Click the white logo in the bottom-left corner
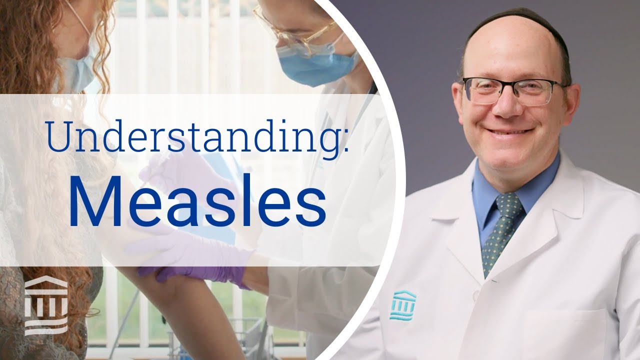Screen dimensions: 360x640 [x=46, y=305]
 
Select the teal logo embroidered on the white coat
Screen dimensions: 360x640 [x=402, y=303]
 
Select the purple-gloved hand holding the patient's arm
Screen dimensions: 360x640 [x=200, y=260]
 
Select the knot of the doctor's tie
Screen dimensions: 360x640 [x=507, y=206]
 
